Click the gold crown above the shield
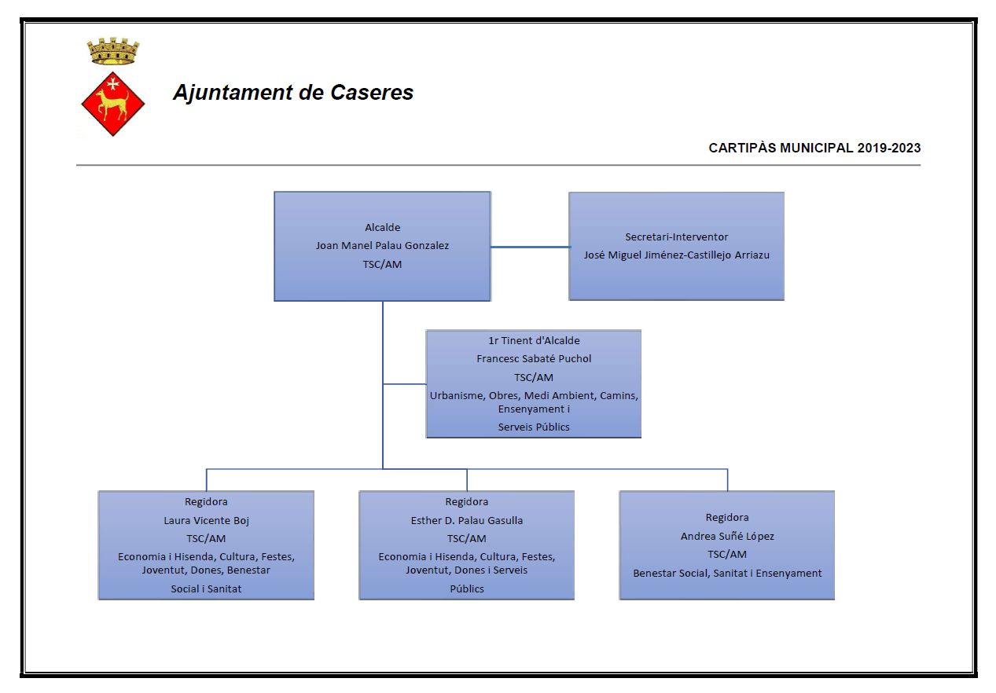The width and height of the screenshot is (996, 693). point(113,52)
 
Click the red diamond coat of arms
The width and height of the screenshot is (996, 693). point(113,102)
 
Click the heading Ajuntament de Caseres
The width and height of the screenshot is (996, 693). point(293,93)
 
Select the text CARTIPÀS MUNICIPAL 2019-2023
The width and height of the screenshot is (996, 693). point(814,148)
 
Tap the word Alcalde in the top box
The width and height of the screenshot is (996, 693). point(383,228)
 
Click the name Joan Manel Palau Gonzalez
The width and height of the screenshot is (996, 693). point(383,246)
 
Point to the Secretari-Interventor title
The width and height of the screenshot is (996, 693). point(676,236)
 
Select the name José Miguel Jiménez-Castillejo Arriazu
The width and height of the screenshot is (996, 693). point(676,255)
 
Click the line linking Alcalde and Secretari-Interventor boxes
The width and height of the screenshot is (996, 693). point(530,247)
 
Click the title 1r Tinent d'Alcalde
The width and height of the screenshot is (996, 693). point(534,341)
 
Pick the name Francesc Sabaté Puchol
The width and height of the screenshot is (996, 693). point(534,359)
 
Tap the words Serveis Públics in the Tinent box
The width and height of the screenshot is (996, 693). point(534,427)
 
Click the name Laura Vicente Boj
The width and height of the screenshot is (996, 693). point(206,520)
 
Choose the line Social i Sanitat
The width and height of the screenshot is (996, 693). point(206,588)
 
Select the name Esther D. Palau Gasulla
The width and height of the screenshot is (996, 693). point(467,520)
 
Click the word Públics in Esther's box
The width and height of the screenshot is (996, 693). point(467,588)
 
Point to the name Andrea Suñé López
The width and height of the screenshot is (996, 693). point(727,537)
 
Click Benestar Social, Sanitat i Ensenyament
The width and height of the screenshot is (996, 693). point(727,574)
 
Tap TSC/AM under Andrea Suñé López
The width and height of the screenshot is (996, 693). point(727,555)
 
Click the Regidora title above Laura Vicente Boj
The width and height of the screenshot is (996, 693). point(206,501)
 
